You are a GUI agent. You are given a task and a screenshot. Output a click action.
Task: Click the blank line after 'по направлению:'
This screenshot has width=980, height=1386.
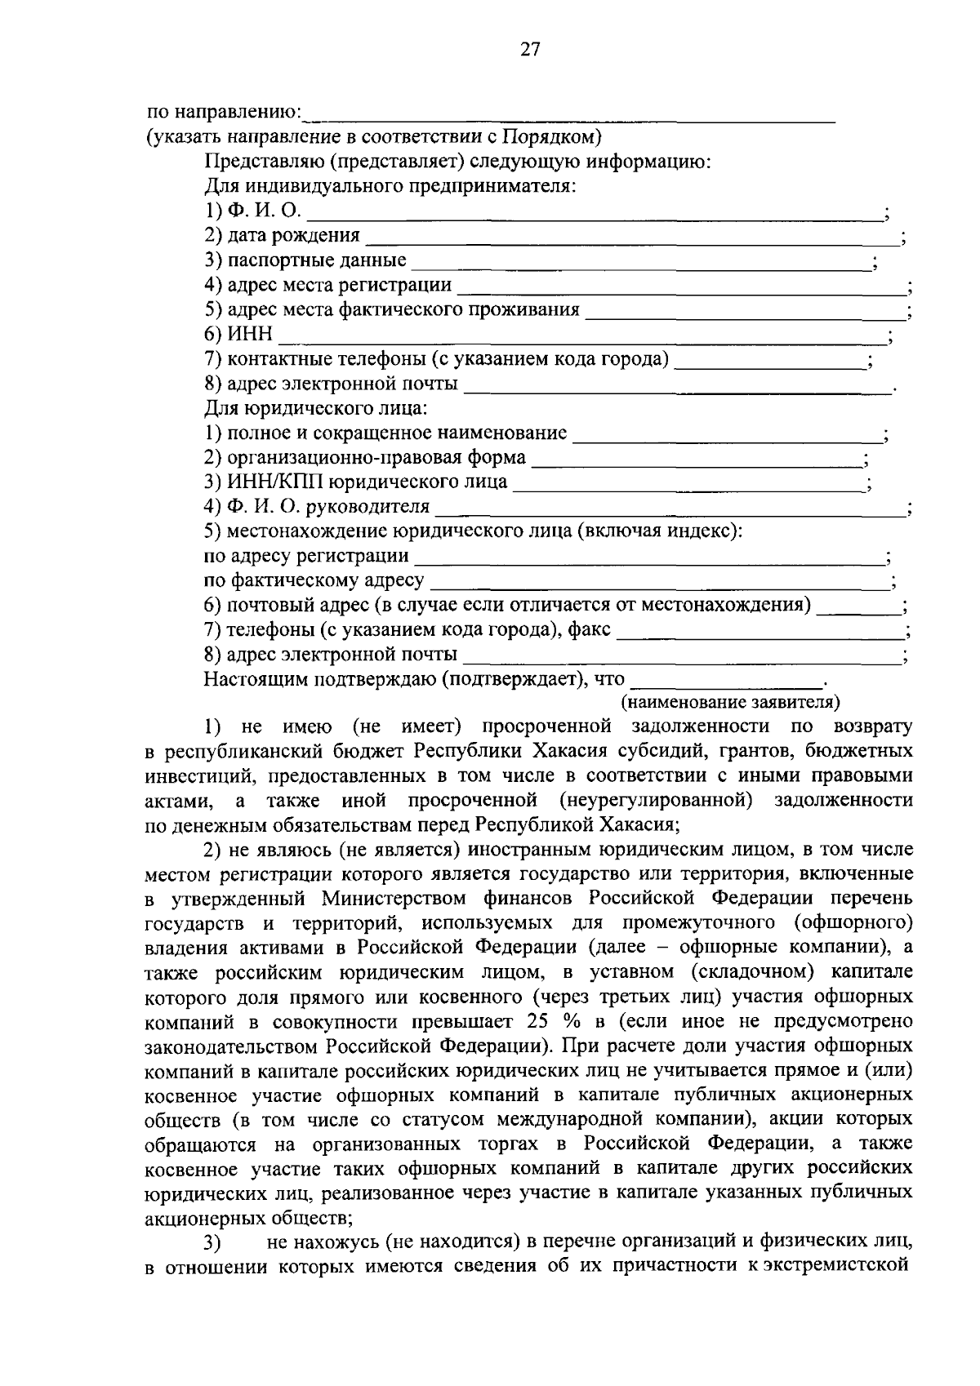[572, 116]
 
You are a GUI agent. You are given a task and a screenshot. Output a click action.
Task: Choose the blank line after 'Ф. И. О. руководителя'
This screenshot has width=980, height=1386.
[670, 509]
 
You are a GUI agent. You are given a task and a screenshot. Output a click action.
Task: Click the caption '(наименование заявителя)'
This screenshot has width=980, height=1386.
[731, 701]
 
